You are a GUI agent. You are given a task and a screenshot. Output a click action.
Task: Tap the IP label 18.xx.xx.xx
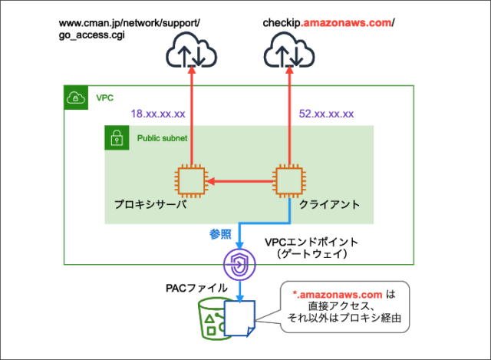(158, 114)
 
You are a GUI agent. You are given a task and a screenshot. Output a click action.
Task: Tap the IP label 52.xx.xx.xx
(325, 114)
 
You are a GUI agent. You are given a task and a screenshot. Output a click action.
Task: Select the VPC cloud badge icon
(75, 97)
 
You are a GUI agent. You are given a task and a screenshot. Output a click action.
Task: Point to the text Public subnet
(161, 139)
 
